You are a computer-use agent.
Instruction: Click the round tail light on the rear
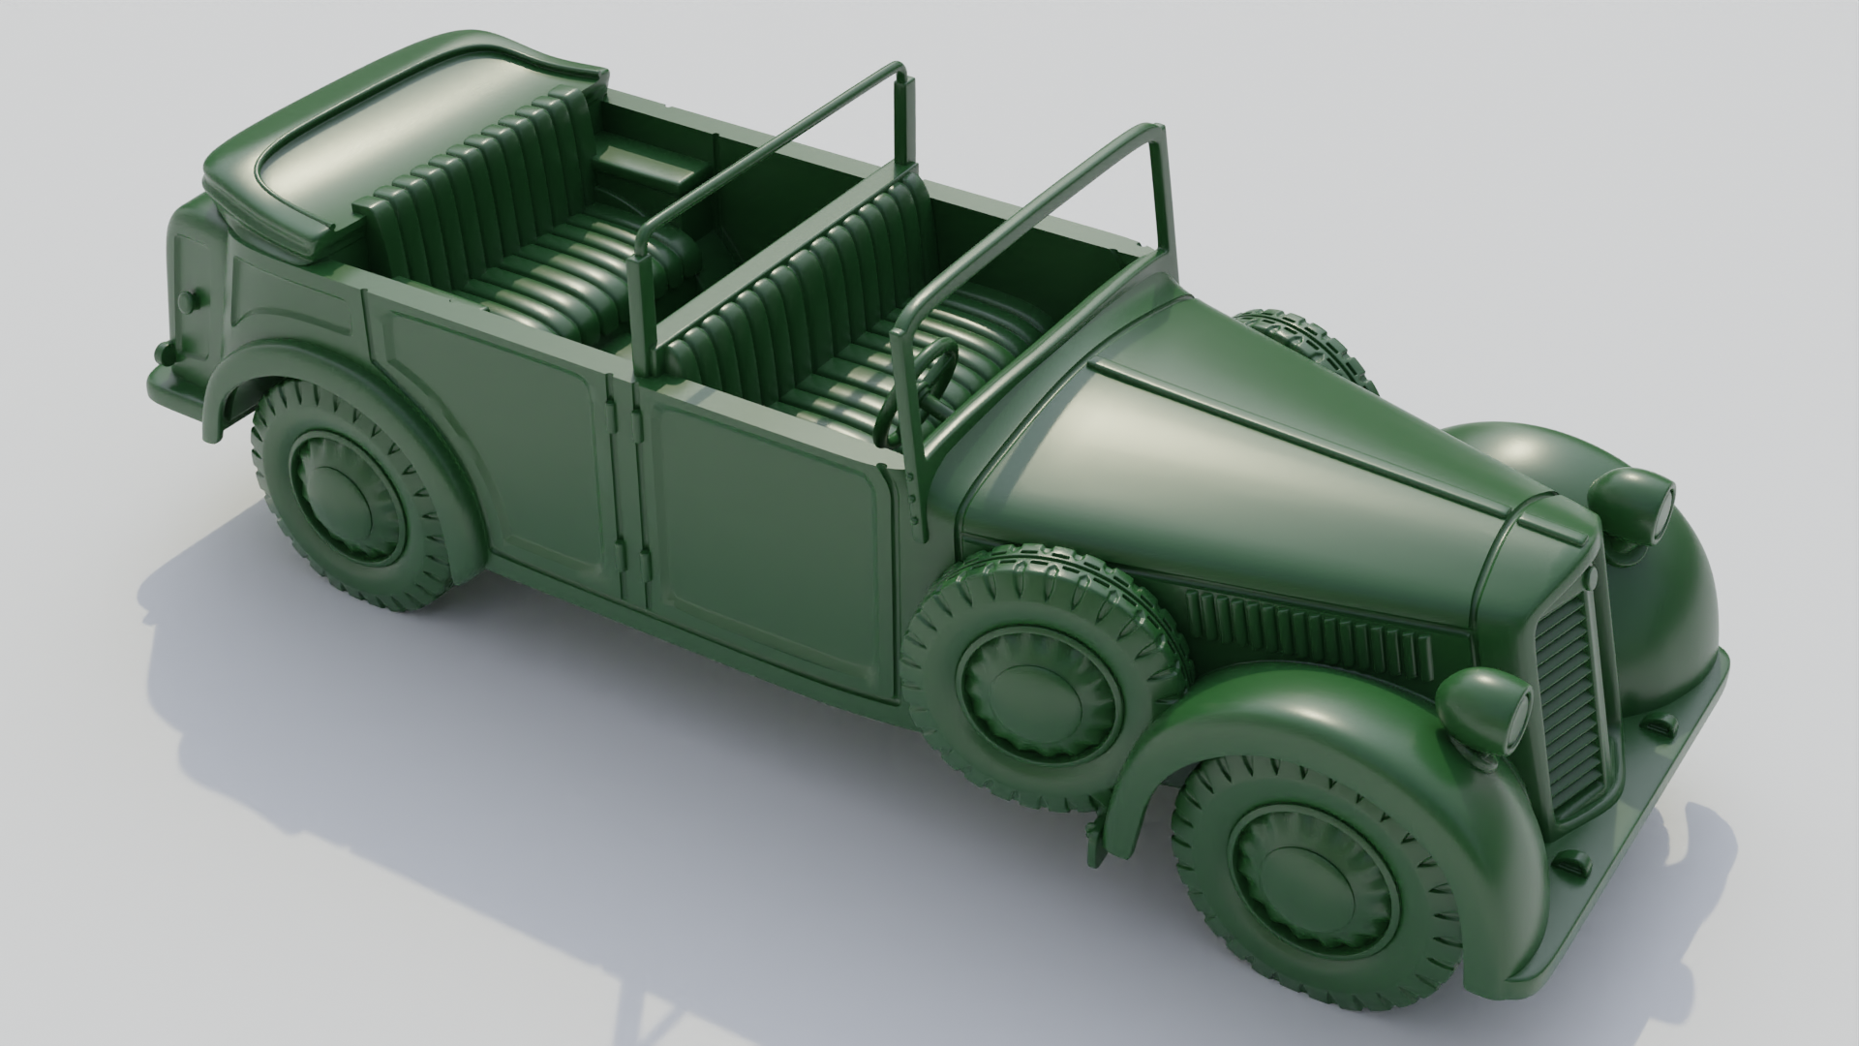click(x=189, y=299)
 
